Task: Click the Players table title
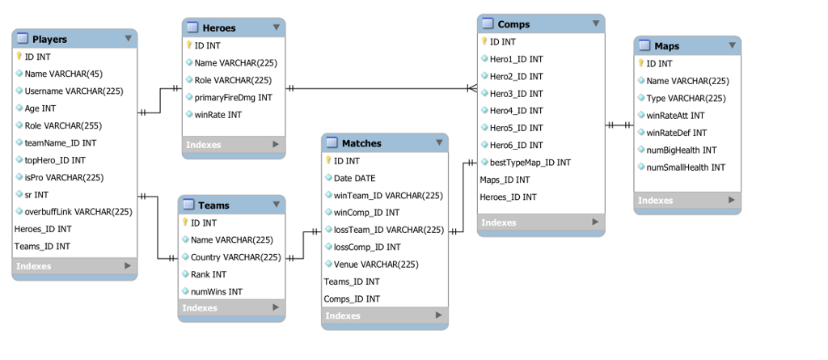[49, 39]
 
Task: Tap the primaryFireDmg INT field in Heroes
[233, 98]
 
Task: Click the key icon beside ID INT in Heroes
[189, 46]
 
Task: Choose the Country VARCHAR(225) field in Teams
[235, 257]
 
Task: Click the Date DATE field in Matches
[354, 178]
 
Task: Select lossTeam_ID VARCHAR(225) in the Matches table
[388, 230]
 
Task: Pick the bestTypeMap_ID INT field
[530, 163]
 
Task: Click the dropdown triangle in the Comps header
[596, 23]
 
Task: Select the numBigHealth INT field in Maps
[681, 150]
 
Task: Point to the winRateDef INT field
[676, 133]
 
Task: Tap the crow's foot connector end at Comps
[471, 88]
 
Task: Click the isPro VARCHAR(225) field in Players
[64, 177]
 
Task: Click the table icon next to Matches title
[332, 143]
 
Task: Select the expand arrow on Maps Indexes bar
[732, 200]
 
